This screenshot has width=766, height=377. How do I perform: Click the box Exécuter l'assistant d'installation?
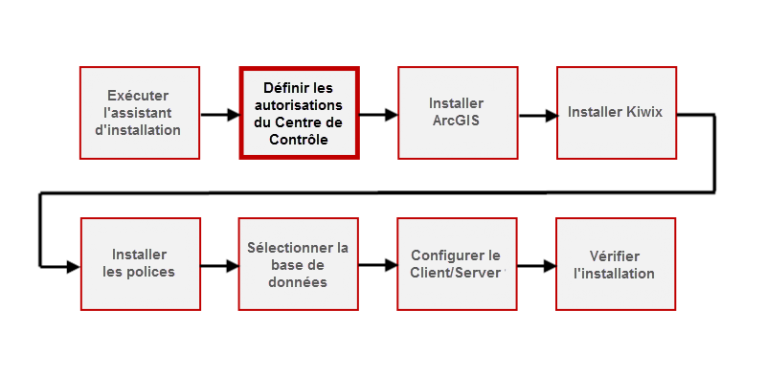[x=139, y=113]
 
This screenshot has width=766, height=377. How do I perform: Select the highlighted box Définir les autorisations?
[x=298, y=113]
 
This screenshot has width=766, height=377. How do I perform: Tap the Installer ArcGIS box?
[x=456, y=113]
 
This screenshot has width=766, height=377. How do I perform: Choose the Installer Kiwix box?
[x=615, y=113]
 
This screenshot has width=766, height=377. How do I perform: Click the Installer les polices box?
[x=139, y=263]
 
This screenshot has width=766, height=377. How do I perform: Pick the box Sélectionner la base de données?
[x=298, y=263]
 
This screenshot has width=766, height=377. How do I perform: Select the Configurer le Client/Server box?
[x=456, y=263]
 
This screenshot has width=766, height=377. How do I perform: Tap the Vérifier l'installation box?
[x=615, y=263]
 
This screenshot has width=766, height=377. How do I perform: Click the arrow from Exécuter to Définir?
[x=219, y=115]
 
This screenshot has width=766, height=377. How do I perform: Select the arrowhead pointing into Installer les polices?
[x=73, y=267]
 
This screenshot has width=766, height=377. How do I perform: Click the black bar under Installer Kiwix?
[x=615, y=166]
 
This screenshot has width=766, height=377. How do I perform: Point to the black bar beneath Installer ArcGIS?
[x=456, y=162]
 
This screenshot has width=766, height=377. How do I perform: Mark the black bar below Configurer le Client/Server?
[x=456, y=314]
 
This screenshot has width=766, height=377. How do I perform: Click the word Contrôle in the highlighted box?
[x=298, y=139]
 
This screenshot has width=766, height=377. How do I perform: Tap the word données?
[x=298, y=282]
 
